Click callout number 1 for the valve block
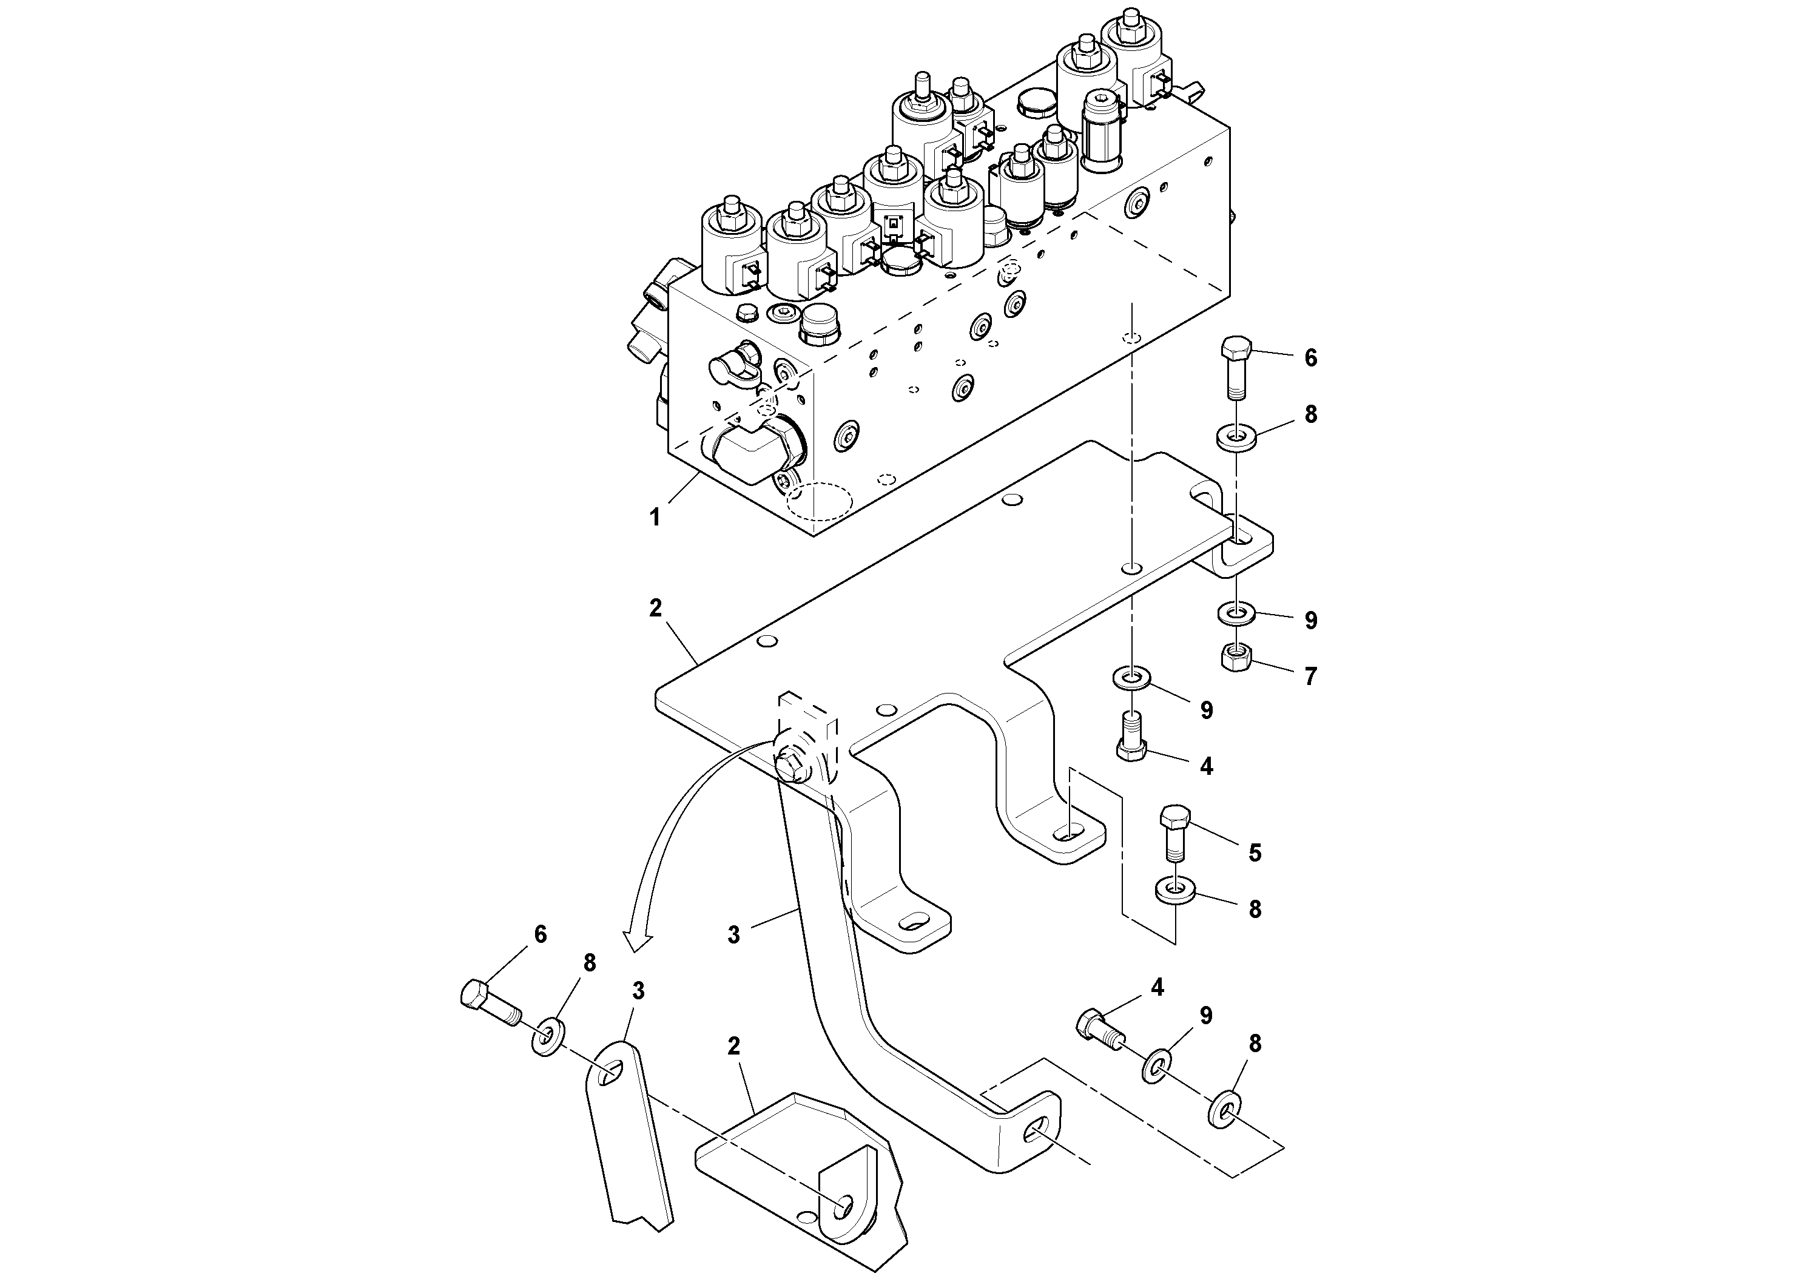(655, 518)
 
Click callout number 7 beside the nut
(1310, 677)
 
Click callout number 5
(1255, 852)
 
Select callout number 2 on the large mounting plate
(655, 608)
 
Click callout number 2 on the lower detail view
(733, 1046)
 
